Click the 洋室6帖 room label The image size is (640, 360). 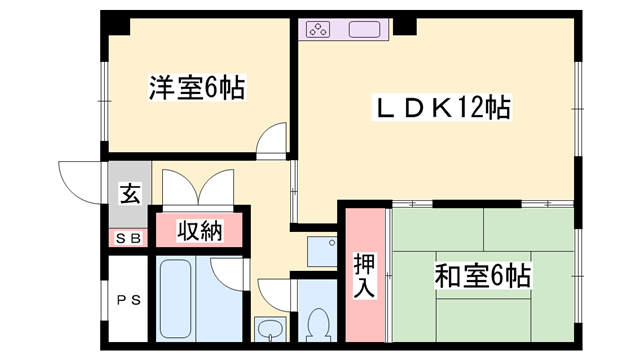[x=197, y=89]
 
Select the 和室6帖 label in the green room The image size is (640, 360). [x=482, y=274]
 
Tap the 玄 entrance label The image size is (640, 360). [x=129, y=194]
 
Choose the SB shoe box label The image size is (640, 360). [x=128, y=238]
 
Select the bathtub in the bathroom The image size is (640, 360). [x=181, y=298]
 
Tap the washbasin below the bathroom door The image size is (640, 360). [x=269, y=328]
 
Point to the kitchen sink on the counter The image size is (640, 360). [x=364, y=29]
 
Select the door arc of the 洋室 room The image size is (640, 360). [x=271, y=142]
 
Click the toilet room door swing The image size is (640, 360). [x=274, y=293]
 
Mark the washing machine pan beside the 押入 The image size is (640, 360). [x=321, y=251]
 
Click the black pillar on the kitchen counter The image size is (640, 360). [x=405, y=26]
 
